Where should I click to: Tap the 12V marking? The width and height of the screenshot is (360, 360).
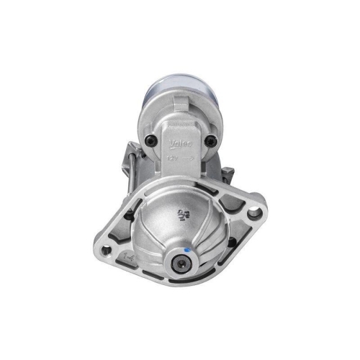click(x=171, y=154)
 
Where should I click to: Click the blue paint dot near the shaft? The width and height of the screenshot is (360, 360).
click(x=186, y=251)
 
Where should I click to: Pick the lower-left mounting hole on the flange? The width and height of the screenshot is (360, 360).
click(x=107, y=250)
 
